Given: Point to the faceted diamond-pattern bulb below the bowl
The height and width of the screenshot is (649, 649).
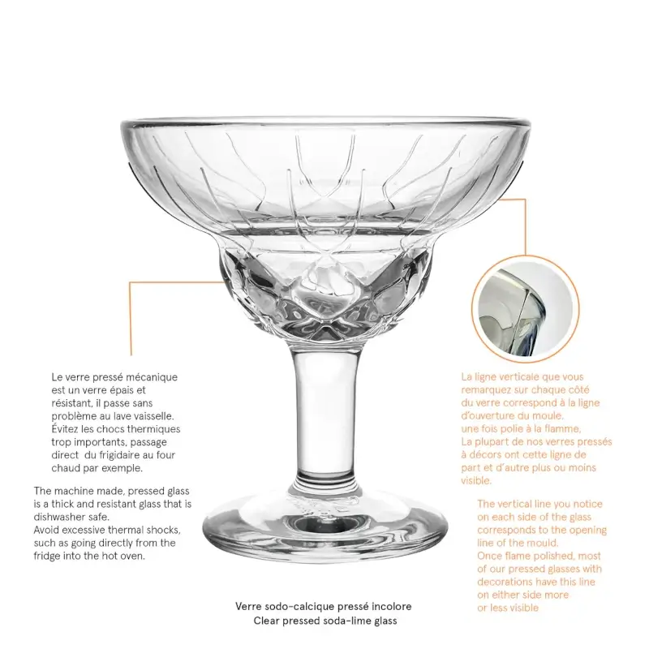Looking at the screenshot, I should point(324,292).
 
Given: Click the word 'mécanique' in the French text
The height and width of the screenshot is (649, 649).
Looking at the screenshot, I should point(154,378).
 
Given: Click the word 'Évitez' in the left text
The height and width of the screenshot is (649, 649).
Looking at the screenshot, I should point(67,430).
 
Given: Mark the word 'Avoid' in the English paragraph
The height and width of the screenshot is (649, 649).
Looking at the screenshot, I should point(49,530).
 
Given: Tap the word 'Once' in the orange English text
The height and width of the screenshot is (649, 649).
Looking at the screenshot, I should point(492,556).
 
